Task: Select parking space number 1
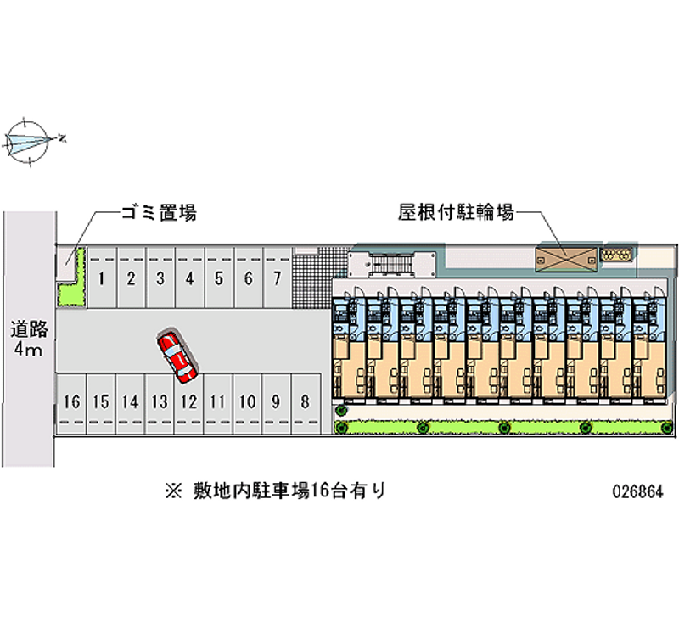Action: point(101,278)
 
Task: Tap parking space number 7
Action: point(278,278)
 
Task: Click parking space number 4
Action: point(189,278)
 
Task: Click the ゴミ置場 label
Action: point(159,213)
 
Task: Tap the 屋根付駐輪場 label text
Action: point(456,212)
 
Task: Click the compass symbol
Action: point(28,142)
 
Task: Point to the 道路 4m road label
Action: point(29,339)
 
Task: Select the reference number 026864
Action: point(637,492)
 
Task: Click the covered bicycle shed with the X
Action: point(566,260)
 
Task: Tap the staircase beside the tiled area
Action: point(391,265)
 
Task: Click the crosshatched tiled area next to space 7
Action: point(321,278)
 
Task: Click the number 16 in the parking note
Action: point(320,491)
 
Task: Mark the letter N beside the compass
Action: point(63,138)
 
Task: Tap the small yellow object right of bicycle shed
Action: point(616,254)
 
